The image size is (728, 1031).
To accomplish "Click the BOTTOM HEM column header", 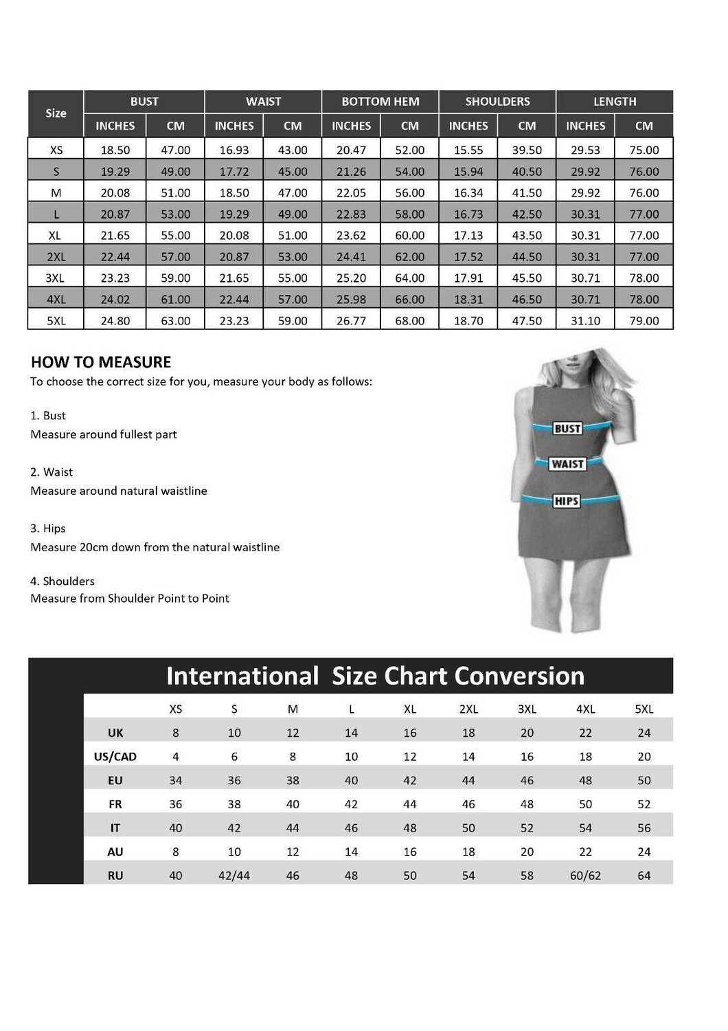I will point(380,102).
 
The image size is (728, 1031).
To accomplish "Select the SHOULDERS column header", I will point(497,102).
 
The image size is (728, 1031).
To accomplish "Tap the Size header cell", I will point(56,113).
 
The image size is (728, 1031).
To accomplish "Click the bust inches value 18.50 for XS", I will point(115,150).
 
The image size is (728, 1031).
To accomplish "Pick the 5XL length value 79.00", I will point(644,320).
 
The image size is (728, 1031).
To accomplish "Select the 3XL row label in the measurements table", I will point(56,278).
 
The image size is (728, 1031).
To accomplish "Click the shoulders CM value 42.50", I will point(527,214).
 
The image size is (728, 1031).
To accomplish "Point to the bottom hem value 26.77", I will point(351,320).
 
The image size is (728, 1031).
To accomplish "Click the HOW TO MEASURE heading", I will point(101,362).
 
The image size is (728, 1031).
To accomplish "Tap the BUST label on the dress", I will point(567,428).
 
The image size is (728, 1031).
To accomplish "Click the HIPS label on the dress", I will point(566,501).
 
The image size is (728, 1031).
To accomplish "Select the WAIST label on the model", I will point(567,464).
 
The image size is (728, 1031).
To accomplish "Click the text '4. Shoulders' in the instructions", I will point(62,581).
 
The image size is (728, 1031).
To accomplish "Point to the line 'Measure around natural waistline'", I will point(119,491).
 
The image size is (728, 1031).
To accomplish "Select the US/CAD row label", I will point(115,757).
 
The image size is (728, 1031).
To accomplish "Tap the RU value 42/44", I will point(234,876).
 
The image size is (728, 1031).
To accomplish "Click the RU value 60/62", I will point(585,876).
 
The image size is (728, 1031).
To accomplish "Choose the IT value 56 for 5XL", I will point(644,828).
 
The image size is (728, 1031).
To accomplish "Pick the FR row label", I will point(115,804).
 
